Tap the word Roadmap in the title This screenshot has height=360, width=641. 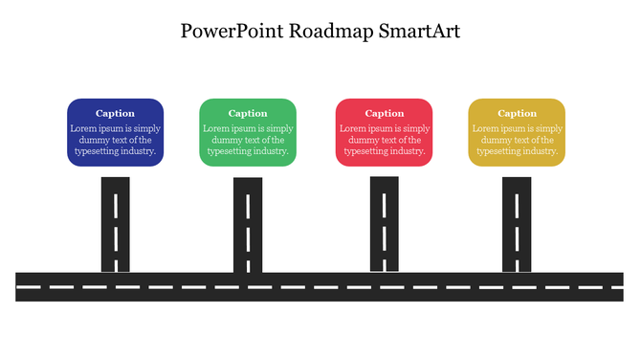(x=332, y=31)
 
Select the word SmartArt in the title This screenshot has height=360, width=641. (x=419, y=31)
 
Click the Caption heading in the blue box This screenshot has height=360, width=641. (x=115, y=113)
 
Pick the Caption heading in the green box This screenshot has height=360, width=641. (x=248, y=113)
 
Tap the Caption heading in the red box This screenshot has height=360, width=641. (x=385, y=113)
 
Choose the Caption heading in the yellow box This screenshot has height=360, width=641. (x=517, y=113)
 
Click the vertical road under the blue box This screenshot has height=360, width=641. (x=116, y=224)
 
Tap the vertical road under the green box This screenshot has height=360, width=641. (x=248, y=224)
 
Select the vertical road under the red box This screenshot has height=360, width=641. (x=385, y=224)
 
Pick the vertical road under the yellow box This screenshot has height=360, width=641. (x=517, y=224)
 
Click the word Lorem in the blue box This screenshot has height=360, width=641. (x=82, y=128)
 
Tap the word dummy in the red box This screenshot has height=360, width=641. (x=357, y=140)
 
